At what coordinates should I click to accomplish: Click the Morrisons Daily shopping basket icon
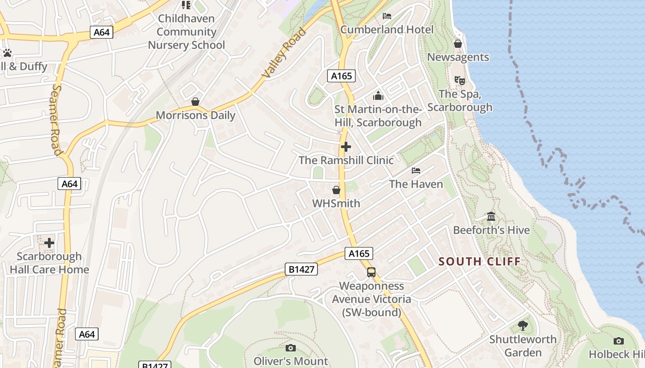tap(195, 101)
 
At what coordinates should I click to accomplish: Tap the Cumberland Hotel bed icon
tap(387, 16)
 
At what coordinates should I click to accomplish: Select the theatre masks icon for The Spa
tap(459, 80)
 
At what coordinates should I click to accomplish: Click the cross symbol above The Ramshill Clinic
tap(346, 147)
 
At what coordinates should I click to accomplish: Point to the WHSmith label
tap(336, 203)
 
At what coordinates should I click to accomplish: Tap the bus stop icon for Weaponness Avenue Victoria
tap(371, 272)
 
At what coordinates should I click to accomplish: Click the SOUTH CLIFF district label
tap(479, 262)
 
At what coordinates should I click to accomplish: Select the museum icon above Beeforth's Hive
tap(491, 216)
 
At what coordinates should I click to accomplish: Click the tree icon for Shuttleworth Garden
tap(522, 326)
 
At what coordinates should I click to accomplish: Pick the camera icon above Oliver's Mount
tap(290, 348)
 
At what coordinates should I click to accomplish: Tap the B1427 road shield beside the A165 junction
tap(301, 269)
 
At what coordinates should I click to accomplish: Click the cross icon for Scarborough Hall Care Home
tap(49, 242)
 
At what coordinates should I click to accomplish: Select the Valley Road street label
tap(284, 53)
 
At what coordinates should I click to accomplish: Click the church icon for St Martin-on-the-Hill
tap(378, 96)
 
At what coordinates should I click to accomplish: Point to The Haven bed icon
tap(416, 171)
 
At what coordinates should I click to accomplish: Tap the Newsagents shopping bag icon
tap(457, 44)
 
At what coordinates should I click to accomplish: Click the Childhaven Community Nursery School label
tap(186, 32)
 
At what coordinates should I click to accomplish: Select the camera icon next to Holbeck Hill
tap(618, 341)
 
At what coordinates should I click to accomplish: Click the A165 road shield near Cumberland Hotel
tap(341, 76)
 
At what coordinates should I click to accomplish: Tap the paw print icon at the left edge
tap(7, 52)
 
